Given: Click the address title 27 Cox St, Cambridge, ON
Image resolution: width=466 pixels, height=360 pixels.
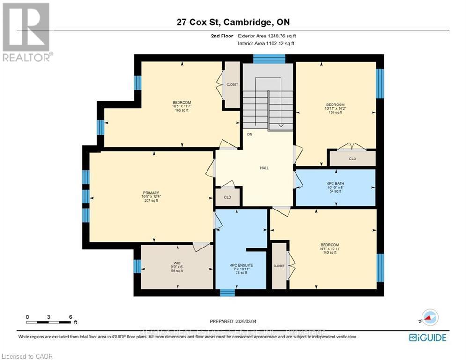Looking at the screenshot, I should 233,22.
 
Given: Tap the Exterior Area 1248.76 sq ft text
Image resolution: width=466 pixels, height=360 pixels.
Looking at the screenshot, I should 267,36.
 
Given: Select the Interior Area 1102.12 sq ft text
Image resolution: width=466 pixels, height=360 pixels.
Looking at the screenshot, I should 266,43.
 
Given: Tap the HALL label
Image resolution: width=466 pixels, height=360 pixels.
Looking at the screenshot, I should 265,168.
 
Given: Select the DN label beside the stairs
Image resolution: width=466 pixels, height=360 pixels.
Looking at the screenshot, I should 250,134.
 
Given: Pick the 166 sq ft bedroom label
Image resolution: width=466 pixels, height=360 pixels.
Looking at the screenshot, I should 182,106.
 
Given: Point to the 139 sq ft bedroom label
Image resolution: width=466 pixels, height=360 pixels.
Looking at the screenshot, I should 335,108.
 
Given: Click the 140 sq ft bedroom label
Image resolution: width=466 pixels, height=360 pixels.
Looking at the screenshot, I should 330,248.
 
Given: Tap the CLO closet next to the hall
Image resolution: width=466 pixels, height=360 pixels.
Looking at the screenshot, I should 228,197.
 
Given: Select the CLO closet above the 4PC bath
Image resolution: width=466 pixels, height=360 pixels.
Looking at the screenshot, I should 352,159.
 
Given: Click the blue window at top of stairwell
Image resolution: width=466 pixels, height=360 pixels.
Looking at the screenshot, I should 269,59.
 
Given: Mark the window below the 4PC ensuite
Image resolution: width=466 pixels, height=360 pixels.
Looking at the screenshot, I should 227,292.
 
